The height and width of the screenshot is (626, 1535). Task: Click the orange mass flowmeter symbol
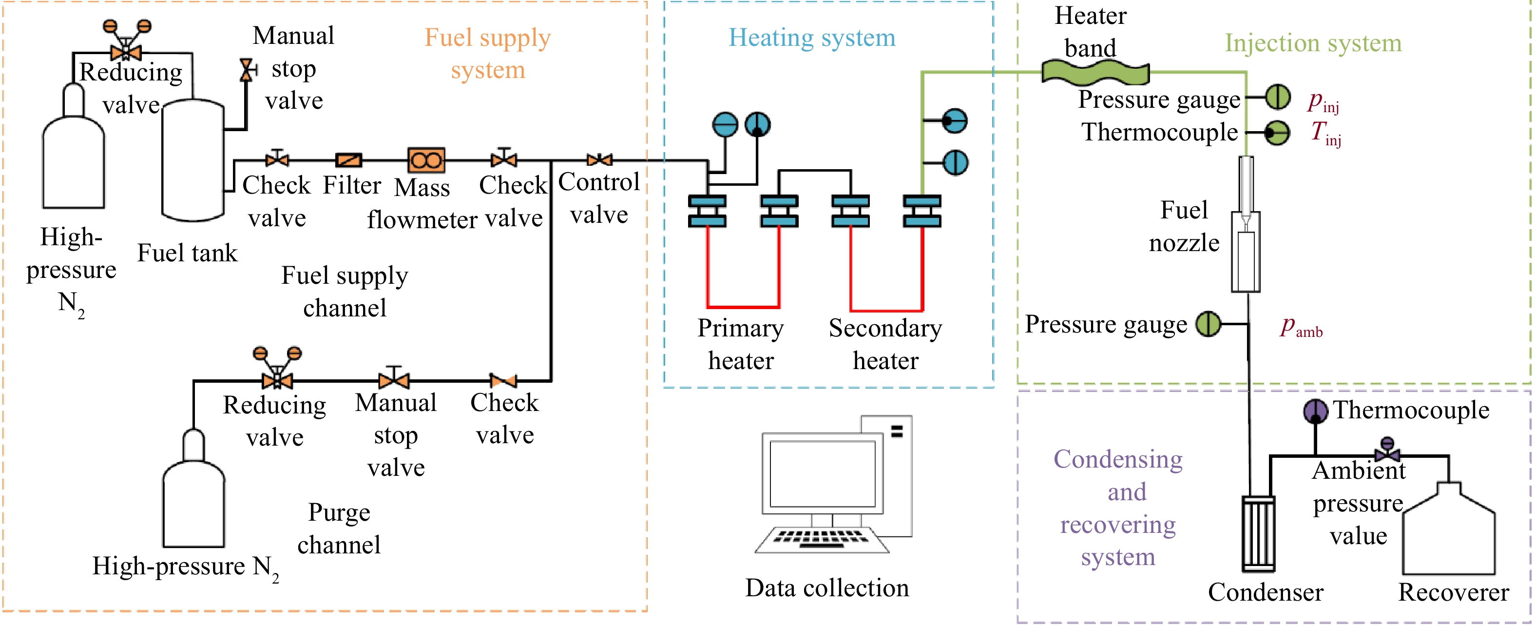pos(426,160)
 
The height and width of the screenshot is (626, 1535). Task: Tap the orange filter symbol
pos(348,160)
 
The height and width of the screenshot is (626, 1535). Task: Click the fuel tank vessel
pos(193,160)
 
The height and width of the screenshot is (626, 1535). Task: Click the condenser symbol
pos(1259,533)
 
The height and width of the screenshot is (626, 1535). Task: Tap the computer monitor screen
pos(823,473)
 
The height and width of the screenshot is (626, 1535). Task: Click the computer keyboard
pos(821,540)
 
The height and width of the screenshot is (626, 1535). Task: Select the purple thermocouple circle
pos(1315,411)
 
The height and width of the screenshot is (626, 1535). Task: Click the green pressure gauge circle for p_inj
pos(1278,97)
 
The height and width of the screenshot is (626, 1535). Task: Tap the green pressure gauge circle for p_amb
pos(1209,324)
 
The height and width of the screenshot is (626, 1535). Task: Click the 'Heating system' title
pos(812,38)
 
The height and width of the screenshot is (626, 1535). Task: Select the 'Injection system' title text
pos(1313,43)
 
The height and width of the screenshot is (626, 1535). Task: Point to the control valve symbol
pos(599,160)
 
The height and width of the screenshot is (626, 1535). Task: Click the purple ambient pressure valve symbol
pos(1387,450)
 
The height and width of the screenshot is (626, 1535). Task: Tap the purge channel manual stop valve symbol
pos(394,377)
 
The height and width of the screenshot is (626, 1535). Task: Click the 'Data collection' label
pos(827,588)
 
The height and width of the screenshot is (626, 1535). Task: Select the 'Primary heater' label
pos(741,344)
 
